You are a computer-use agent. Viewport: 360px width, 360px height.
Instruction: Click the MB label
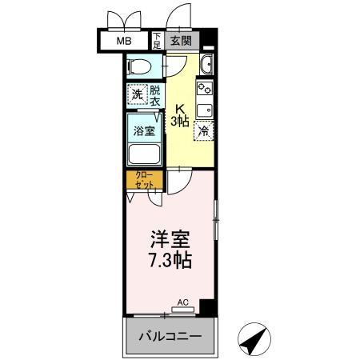coord(125,40)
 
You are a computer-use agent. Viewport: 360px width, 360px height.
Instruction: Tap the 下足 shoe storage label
coord(158,41)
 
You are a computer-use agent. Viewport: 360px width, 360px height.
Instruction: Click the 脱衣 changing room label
coord(155,95)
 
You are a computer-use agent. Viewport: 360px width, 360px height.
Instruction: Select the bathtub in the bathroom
coord(144,154)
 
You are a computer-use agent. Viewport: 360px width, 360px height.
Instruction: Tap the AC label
coord(182,302)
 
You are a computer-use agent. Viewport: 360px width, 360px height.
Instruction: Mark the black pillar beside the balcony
coord(208,306)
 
